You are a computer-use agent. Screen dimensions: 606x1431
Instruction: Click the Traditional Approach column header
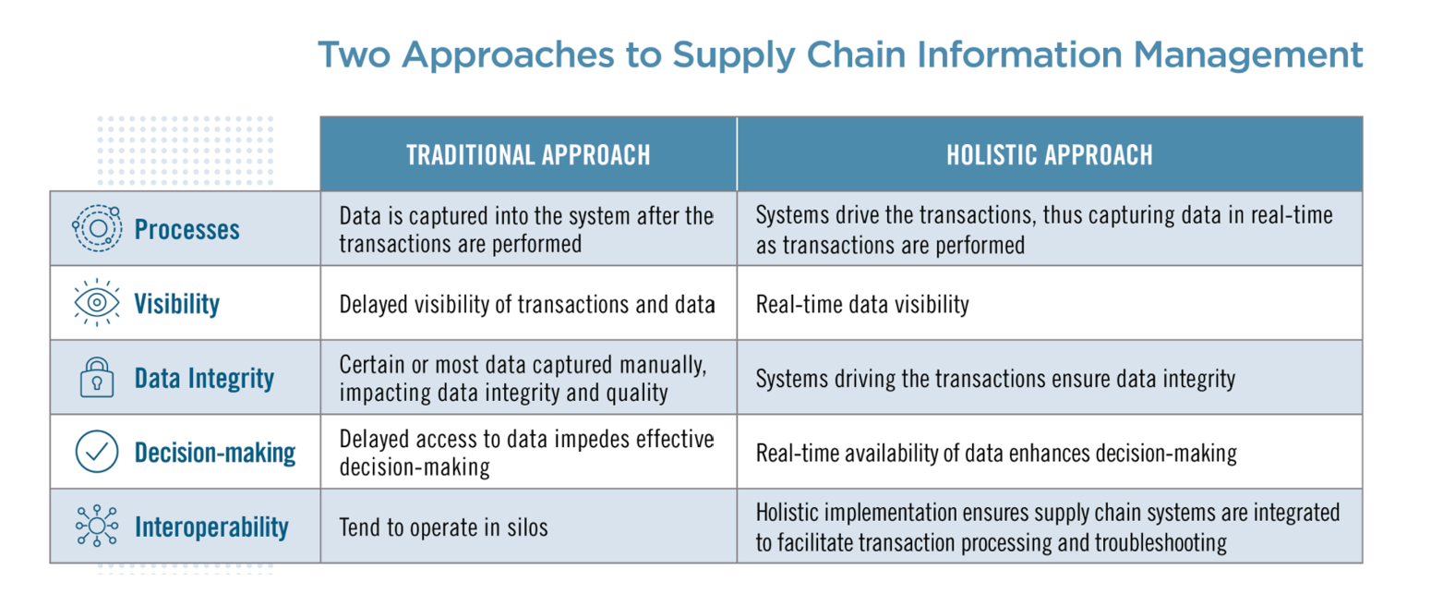(x=527, y=154)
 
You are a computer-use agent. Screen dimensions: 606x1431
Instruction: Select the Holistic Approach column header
(x=1049, y=154)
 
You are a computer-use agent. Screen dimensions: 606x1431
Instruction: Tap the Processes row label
(x=186, y=229)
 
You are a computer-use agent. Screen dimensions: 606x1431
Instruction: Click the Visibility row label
(x=176, y=304)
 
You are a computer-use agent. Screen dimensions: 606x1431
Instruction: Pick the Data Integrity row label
(x=204, y=379)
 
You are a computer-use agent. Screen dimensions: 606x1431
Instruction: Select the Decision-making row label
(x=214, y=453)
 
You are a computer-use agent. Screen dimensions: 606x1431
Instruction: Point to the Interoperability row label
(x=211, y=527)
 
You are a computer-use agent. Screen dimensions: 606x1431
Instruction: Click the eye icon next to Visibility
(x=96, y=304)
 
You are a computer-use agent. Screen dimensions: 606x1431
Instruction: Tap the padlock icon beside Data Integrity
(x=96, y=379)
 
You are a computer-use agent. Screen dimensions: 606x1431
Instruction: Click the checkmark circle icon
(x=96, y=453)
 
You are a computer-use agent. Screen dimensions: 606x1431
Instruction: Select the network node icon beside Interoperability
(x=96, y=527)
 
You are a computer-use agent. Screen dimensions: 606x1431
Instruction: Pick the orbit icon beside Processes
(x=96, y=229)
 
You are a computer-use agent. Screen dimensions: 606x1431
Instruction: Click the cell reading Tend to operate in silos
(x=443, y=527)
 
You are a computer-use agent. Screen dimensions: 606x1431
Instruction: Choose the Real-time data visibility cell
(x=862, y=304)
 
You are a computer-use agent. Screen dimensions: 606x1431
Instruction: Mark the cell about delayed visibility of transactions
(x=526, y=304)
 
